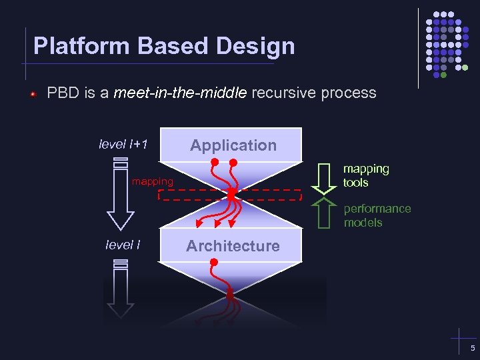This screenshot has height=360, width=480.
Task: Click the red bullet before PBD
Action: point(31,94)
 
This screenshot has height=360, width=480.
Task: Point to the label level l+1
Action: point(123,144)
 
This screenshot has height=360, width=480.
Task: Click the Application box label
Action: point(233,145)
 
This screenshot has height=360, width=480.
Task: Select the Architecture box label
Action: point(233,246)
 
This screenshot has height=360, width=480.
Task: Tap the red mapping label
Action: point(152,181)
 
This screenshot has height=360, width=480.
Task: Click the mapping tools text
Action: point(366,175)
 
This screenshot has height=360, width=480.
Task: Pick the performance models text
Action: point(377,215)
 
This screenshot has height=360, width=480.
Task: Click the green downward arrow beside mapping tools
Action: point(325,177)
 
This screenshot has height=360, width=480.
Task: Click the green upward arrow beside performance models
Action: point(325,213)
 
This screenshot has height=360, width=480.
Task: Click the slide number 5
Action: point(473,349)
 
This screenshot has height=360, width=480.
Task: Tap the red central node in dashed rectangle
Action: point(231,194)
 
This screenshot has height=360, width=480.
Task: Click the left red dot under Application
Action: point(215,162)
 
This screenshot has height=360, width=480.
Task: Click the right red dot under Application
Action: point(234,162)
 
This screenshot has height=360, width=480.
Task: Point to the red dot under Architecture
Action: point(214,262)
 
